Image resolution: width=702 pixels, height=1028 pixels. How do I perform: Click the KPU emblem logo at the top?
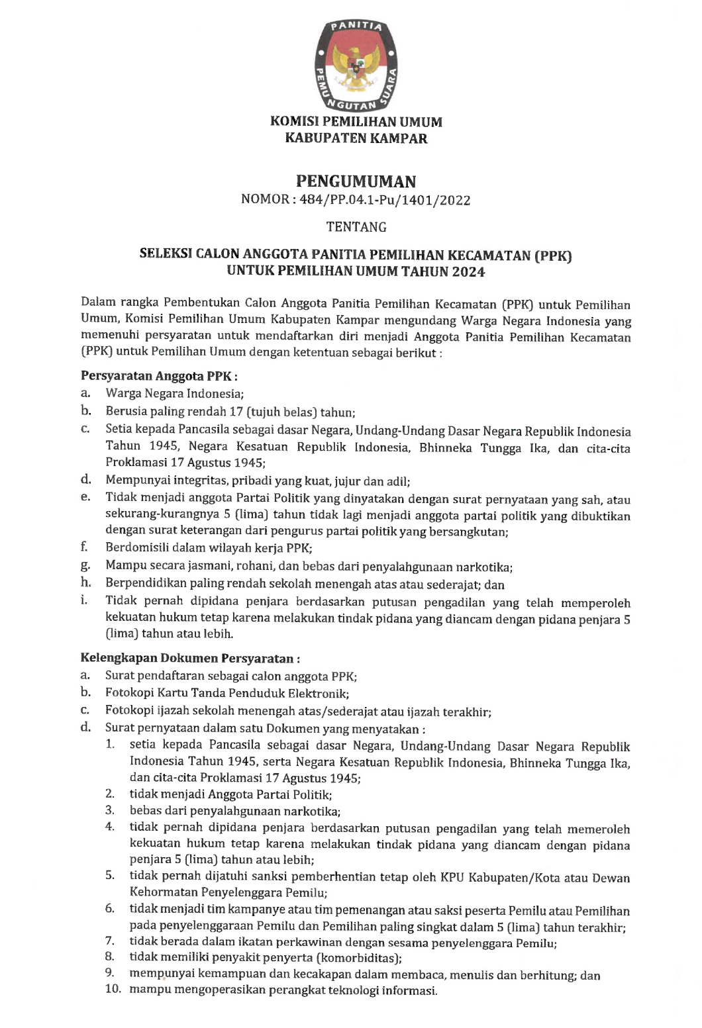click(x=356, y=64)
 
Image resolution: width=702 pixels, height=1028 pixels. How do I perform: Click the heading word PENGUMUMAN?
click(x=356, y=181)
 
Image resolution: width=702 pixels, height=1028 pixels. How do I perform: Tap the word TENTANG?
click(x=356, y=227)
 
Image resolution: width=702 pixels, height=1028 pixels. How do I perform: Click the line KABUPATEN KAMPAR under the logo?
click(x=356, y=138)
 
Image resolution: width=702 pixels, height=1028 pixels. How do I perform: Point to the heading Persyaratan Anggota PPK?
click(x=158, y=376)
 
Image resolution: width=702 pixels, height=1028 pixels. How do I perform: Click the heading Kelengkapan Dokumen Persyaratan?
click(x=190, y=658)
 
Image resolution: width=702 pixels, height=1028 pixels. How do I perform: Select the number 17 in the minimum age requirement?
click(x=237, y=412)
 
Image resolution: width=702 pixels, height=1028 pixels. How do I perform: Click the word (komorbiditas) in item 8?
click(x=358, y=958)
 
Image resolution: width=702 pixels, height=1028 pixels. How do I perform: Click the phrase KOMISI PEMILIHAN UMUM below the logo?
click(x=356, y=122)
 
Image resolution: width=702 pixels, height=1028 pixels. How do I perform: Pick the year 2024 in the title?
click(x=469, y=271)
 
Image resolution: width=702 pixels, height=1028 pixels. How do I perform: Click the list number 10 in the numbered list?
click(x=113, y=989)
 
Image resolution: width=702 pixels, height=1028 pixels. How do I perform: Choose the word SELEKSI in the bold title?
click(x=165, y=255)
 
